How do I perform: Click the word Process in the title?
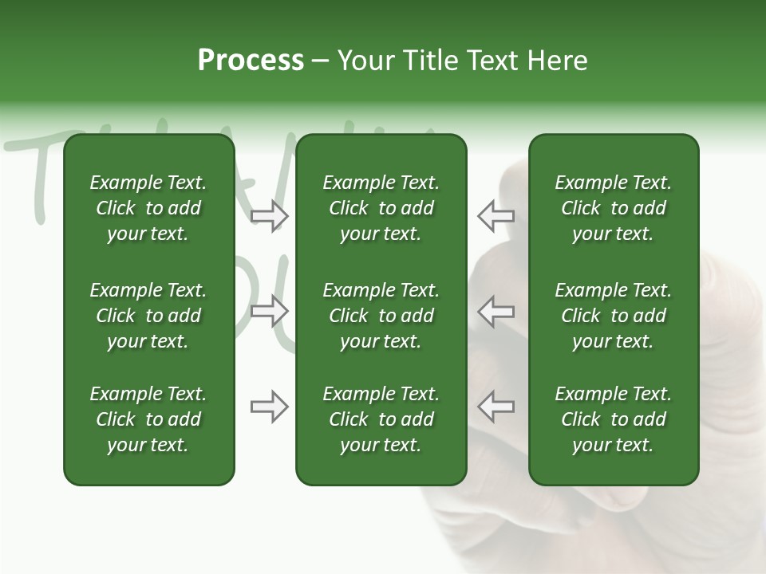click(x=251, y=61)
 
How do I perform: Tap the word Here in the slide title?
click(x=556, y=61)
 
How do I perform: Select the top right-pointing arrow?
click(x=270, y=216)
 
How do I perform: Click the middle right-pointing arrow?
click(x=270, y=311)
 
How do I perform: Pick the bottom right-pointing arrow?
click(x=270, y=407)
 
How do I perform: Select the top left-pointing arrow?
click(x=496, y=216)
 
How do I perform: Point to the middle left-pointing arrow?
click(x=496, y=311)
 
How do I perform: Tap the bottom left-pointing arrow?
click(x=496, y=407)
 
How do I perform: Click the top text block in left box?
click(x=148, y=208)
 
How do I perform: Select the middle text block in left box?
click(x=148, y=316)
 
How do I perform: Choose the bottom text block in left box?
click(x=148, y=419)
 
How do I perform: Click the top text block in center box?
click(x=381, y=208)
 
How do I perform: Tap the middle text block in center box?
click(x=381, y=316)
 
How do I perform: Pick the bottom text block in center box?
click(x=381, y=419)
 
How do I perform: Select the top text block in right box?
click(x=613, y=208)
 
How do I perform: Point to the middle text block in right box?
click(x=613, y=316)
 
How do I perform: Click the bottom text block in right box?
click(x=613, y=419)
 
